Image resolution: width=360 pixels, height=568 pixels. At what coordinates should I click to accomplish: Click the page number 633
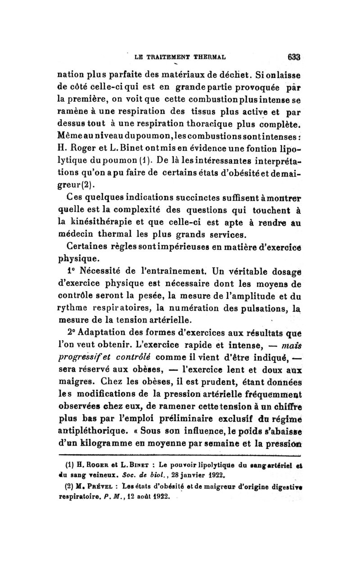292,57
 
